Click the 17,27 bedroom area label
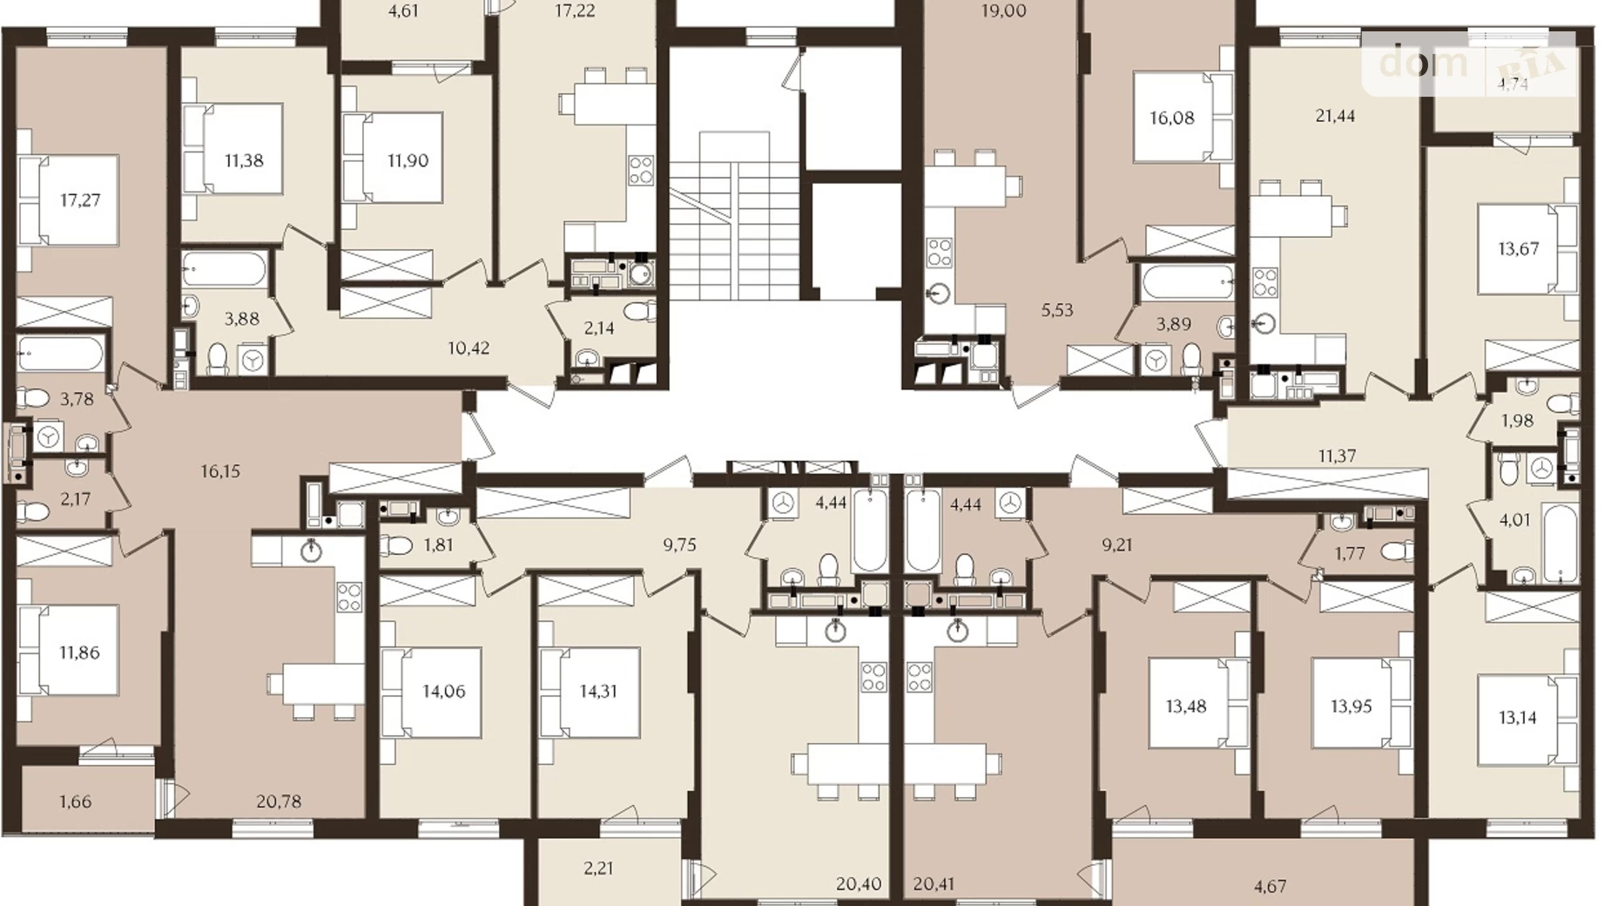(80, 200)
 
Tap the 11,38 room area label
(244, 160)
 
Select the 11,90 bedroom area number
(408, 160)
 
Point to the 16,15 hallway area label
(220, 471)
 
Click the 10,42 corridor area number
(468, 348)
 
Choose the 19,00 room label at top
(1004, 11)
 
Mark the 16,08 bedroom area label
(1172, 118)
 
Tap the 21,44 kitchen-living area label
(1335, 116)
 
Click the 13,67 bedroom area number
(1519, 249)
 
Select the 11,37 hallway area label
(1337, 456)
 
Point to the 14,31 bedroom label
(598, 692)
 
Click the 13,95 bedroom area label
(1351, 707)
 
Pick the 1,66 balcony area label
(76, 801)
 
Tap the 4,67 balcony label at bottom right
(1270, 887)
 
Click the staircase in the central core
(734, 218)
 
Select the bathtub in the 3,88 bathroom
(225, 269)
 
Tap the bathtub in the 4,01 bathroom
(1560, 544)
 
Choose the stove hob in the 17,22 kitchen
(641, 169)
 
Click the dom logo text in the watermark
(1424, 62)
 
